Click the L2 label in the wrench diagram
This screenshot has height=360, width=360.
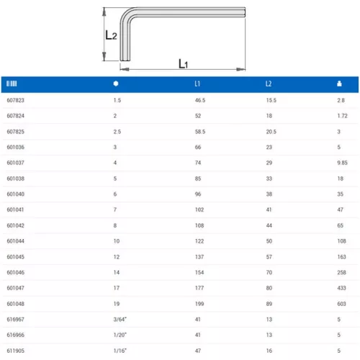pos(111,35)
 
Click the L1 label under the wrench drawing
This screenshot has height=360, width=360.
pos(183,63)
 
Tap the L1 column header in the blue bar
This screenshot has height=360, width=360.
pos(197,84)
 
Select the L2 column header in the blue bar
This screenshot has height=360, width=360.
pos(269,84)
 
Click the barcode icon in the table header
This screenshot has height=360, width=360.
pos(12,84)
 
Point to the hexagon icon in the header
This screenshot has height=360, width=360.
pos(116,84)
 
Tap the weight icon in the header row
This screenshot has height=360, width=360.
pos(339,84)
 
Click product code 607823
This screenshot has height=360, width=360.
pos(16,100)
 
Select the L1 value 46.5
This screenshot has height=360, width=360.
pos(200,100)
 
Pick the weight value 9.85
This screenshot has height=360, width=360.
pos(342,163)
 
